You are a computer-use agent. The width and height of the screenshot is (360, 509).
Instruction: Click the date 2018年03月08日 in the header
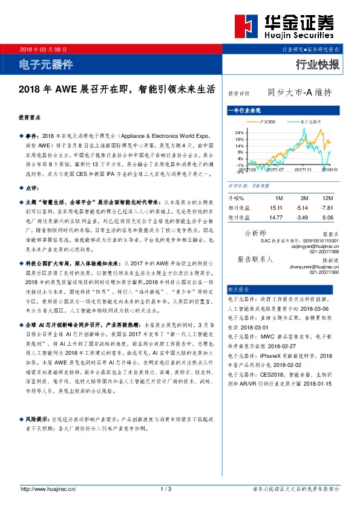pyautogui.click(x=44, y=49)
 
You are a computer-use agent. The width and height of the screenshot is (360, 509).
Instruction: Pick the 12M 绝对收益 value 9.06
pyautogui.click(x=329, y=216)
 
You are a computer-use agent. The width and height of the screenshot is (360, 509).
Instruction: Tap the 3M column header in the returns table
pyautogui.click(x=304, y=198)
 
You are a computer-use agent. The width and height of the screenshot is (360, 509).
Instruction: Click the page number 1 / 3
pyautogui.click(x=166, y=488)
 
